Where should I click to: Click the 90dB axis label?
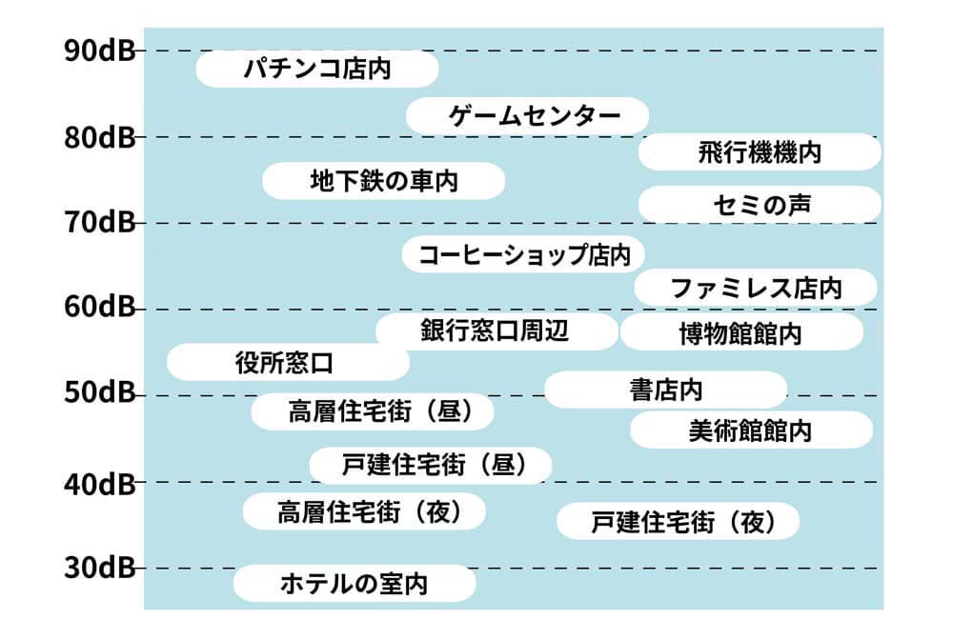(x=100, y=50)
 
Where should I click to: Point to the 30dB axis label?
(x=100, y=569)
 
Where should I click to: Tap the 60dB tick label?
(x=100, y=308)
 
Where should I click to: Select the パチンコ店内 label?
(x=316, y=70)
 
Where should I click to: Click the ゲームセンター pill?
(x=527, y=116)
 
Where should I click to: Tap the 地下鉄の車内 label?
(x=383, y=181)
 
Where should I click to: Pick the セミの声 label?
(x=760, y=205)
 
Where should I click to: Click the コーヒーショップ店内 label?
(x=522, y=255)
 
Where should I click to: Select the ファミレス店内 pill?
(x=755, y=288)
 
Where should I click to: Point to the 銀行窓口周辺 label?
(x=497, y=331)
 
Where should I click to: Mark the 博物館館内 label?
(x=741, y=333)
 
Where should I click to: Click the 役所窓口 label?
(x=288, y=363)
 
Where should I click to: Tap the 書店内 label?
(x=665, y=390)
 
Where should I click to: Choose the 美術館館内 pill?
(x=751, y=430)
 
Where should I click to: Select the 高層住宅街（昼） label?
(x=374, y=411)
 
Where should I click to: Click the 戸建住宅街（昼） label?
(x=431, y=465)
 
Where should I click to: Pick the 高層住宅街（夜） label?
(x=364, y=511)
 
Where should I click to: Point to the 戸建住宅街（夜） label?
(x=678, y=521)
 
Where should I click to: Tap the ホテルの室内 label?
(x=354, y=583)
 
